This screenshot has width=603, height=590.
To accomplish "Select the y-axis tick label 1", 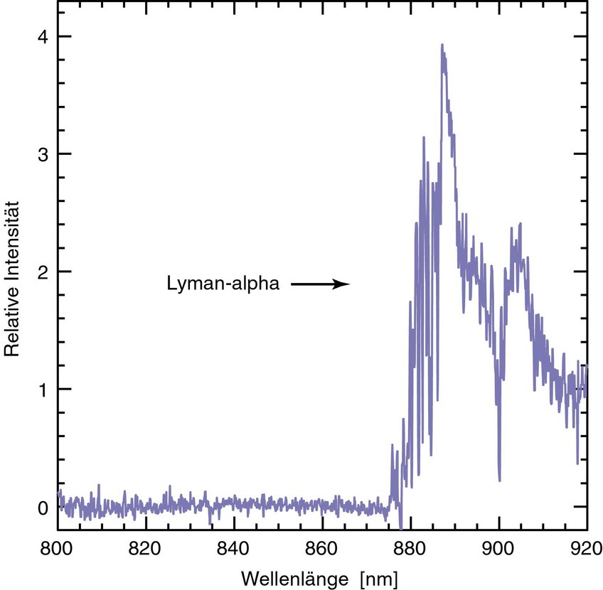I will click(x=43, y=389).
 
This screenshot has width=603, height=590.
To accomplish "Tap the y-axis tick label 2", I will click(x=43, y=272).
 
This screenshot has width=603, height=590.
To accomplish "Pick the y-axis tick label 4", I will click(x=43, y=36).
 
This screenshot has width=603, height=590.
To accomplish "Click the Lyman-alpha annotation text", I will click(x=223, y=284).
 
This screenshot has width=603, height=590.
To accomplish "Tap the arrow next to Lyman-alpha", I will click(x=321, y=284).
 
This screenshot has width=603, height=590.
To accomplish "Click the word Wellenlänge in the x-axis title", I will click(x=288, y=574).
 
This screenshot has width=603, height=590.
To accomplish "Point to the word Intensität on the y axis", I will click(x=12, y=243).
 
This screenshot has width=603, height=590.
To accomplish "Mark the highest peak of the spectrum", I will click(x=442, y=45).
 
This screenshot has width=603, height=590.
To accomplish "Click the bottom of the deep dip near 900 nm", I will click(x=499, y=481).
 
